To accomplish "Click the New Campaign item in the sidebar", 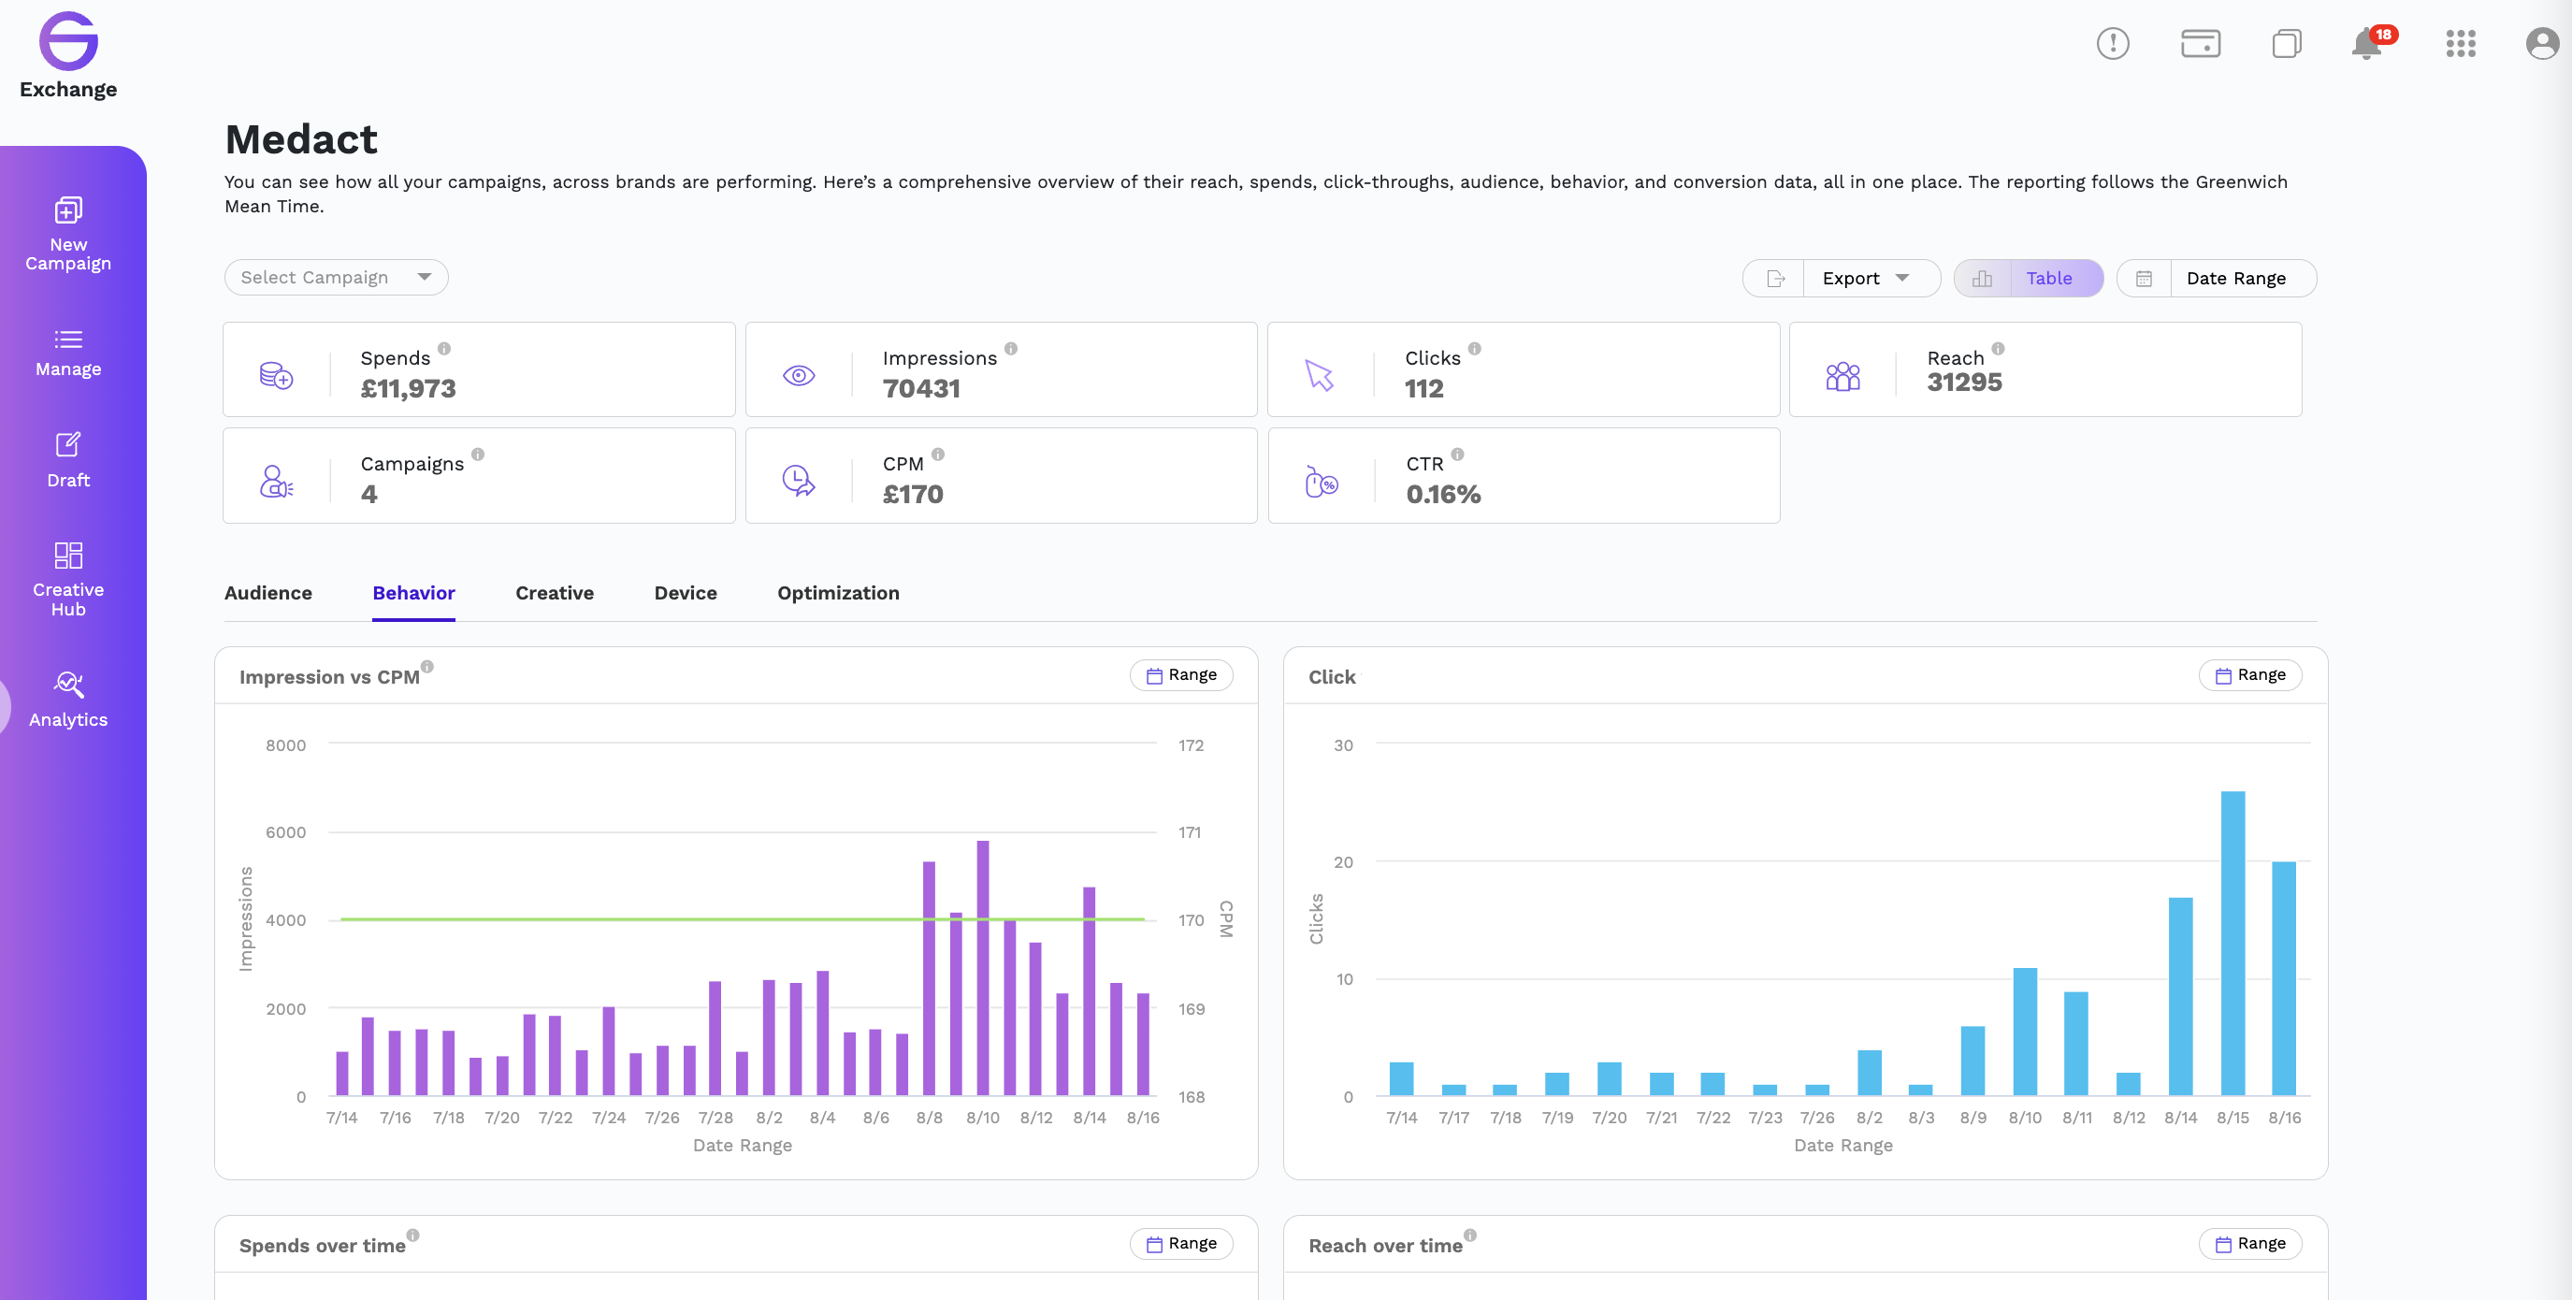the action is click(68, 234).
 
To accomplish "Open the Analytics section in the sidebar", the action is click(68, 699).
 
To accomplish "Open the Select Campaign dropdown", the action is click(337, 278).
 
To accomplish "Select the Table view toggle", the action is click(2049, 279).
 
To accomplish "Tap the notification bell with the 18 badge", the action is click(2367, 44).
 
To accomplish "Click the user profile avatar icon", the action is click(2542, 44).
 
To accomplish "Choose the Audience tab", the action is click(268, 593).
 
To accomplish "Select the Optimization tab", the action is click(839, 593).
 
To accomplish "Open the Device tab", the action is click(686, 593).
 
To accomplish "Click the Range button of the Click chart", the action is click(2250, 675).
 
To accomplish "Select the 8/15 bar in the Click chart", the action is click(2232, 944).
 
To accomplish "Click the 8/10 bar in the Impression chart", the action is click(982, 969).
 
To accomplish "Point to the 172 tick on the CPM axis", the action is click(1192, 745).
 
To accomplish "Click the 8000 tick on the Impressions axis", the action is click(285, 745).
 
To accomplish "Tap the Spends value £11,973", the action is click(409, 388).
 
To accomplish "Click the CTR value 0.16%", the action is click(1443, 494).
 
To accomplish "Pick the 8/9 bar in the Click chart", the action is click(1972, 1062).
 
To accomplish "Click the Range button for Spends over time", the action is click(1182, 1244).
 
